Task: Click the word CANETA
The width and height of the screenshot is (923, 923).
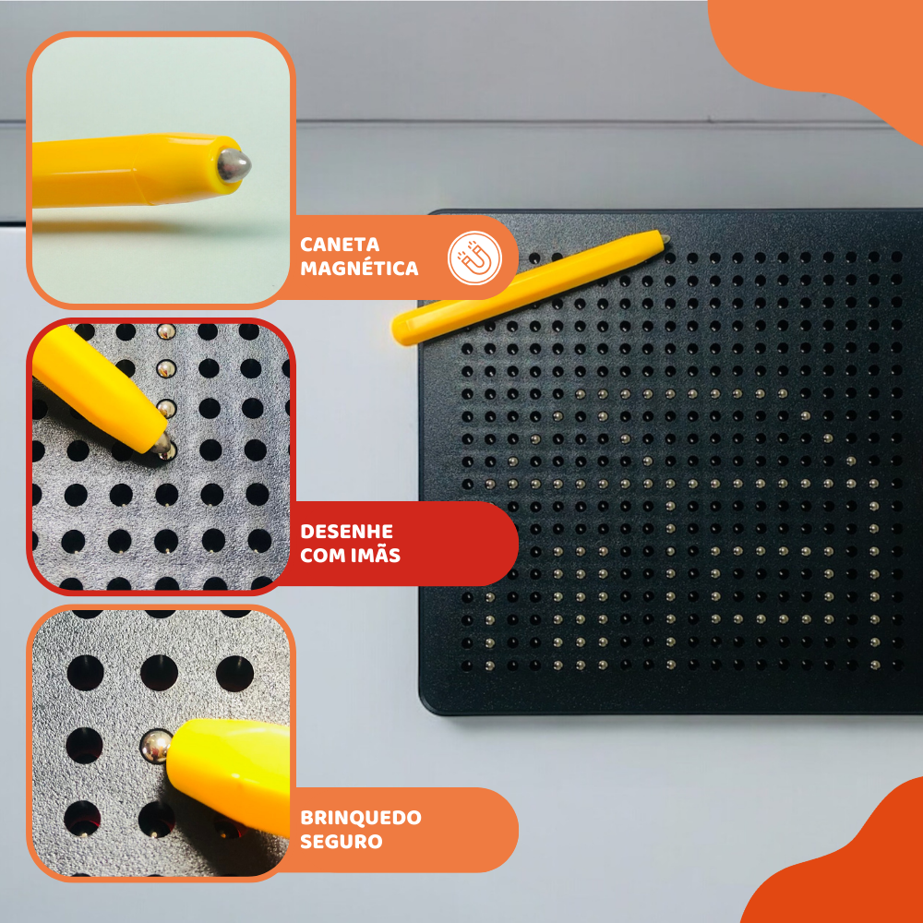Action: point(340,245)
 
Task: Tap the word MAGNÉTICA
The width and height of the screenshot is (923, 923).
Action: point(359,269)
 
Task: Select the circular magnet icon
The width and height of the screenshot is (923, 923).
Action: point(474,258)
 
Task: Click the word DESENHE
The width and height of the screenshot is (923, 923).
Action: point(346,532)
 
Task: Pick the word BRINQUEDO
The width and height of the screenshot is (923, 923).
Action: point(360,818)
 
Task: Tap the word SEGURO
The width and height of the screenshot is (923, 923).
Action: point(341,841)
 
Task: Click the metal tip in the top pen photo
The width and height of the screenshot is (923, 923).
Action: point(234,165)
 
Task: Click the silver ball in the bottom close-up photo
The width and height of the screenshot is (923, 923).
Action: point(155,747)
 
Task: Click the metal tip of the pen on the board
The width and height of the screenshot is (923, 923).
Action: point(665,238)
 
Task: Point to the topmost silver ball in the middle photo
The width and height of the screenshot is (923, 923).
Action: point(166,331)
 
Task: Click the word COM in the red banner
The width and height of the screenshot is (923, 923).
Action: point(323,555)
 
